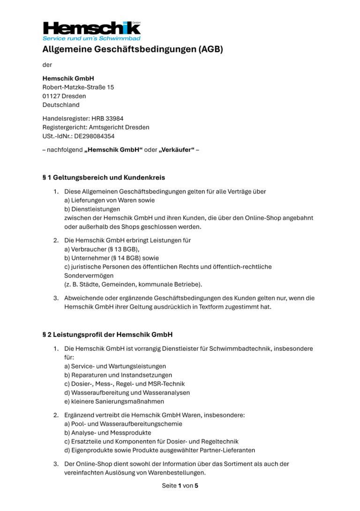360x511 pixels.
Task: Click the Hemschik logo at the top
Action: click(x=91, y=28)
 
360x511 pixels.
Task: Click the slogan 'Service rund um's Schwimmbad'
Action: click(x=91, y=38)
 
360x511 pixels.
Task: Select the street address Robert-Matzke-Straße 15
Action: click(x=78, y=87)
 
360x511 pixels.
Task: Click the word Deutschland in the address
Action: click(x=61, y=105)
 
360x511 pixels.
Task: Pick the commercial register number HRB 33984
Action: click(x=107, y=118)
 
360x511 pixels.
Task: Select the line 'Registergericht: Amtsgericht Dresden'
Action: click(x=96, y=127)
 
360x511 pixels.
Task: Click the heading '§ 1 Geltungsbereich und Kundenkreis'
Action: click(x=104, y=178)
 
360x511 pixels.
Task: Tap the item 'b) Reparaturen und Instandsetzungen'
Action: click(x=118, y=375)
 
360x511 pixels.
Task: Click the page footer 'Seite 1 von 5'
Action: click(x=180, y=486)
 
